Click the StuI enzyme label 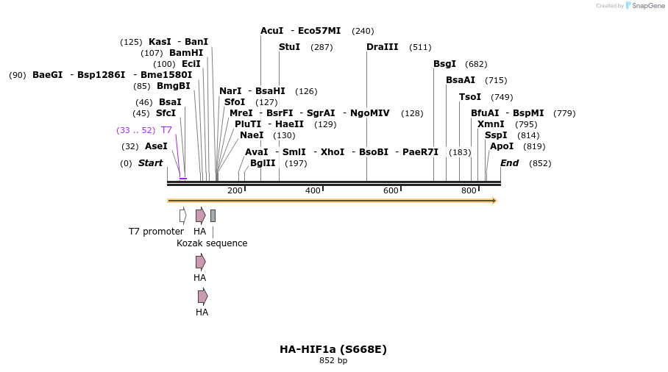tap(289, 47)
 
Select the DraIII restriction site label tap(382, 47)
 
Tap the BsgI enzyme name tap(444, 64)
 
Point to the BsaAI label tap(461, 80)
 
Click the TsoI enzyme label tap(470, 97)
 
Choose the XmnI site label tap(491, 124)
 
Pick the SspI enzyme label tap(496, 135)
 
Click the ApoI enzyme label tap(502, 146)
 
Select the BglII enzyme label tap(263, 163)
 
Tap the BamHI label tap(186, 53)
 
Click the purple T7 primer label tap(166, 130)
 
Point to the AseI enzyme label tap(156, 146)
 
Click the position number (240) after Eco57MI tap(363, 31)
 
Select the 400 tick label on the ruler tap(313, 191)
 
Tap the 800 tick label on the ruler tap(469, 191)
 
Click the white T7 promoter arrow tap(182, 215)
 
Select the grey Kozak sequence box tap(213, 215)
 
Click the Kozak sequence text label tap(212, 243)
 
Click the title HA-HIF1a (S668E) tap(333, 349)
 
